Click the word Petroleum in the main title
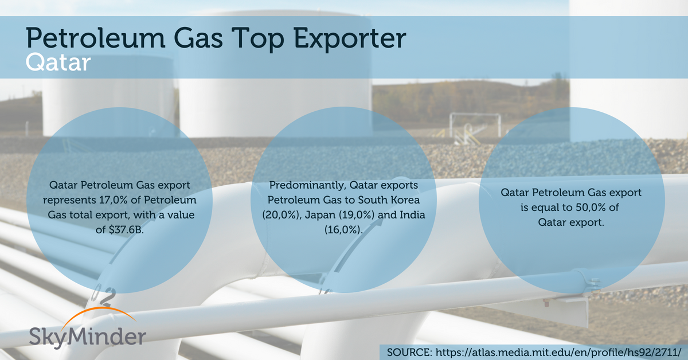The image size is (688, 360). pyautogui.click(x=96, y=38)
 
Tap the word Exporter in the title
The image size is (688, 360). pyautogui.click(x=350, y=40)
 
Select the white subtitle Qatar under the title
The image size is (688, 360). pyautogui.click(x=58, y=62)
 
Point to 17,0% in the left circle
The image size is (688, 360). pyautogui.click(x=113, y=200)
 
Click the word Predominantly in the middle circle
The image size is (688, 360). pyautogui.click(x=307, y=185)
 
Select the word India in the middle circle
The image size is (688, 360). pyautogui.click(x=412, y=215)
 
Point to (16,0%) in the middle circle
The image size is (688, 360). pyautogui.click(x=343, y=230)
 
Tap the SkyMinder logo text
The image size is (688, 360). pyautogui.click(x=88, y=337)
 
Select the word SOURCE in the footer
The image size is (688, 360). pyautogui.click(x=409, y=353)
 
